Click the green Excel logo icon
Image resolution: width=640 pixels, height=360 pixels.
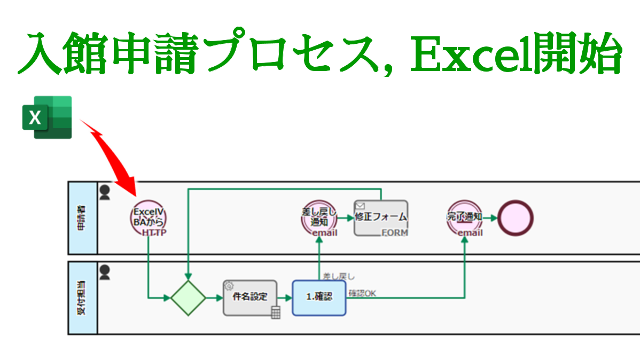pos(47,117)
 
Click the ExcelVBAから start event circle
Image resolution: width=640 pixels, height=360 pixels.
pos(149,217)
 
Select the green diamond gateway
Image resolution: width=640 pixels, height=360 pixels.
pos(188,298)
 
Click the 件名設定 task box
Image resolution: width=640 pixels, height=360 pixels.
pos(250,298)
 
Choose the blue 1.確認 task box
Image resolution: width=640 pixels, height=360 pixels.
pos(319,297)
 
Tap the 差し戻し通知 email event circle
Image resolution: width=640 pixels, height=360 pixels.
pos(319,217)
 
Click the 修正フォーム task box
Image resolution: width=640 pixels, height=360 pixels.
pos(381,217)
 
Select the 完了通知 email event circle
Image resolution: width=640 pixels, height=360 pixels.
pos(465,217)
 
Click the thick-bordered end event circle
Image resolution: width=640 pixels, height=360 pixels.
pos(516,217)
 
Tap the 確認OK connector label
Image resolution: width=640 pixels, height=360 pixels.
pos(362,293)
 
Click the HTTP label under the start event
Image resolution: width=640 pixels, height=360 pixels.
pos(154,233)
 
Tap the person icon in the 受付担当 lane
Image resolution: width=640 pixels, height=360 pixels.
pos(105,272)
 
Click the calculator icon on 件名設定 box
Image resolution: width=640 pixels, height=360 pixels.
pos(276,312)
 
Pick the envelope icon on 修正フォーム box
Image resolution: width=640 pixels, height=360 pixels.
pos(360,205)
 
